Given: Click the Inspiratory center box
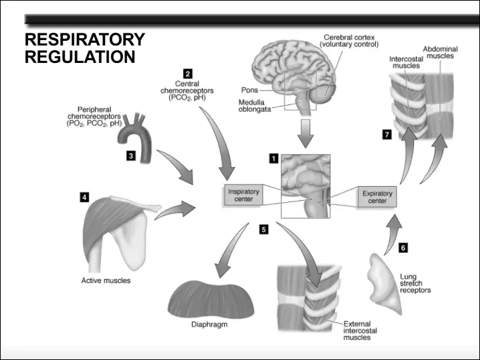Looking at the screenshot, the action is coord(243,195).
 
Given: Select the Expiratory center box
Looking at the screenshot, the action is coord(377,197).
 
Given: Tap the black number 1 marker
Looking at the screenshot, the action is coord(273,159).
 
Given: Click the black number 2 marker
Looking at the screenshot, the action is coord(188,74).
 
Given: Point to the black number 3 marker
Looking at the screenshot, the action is coord(131,156).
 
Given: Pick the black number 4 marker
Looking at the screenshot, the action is coord(84,197).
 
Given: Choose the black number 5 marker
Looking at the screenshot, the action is coord(263,230).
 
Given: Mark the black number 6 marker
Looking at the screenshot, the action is coord(403,248).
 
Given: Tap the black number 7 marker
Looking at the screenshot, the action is coord(387,134).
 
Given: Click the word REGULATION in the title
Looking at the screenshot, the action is coord(80,57).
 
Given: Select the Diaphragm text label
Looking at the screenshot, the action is coord(209,325).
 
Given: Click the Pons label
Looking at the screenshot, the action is coord(249,90).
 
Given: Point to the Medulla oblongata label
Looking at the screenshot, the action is coord(255,106).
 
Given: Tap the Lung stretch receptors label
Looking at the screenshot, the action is coord(415,284).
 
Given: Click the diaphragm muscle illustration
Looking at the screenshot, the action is coord(211,299).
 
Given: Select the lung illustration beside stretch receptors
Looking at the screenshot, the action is coord(384,284).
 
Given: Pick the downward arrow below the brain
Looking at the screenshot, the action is coord(306,134).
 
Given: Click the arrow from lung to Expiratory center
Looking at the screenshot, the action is coord(392,234).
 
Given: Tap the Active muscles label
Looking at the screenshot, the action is coord(106,280).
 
